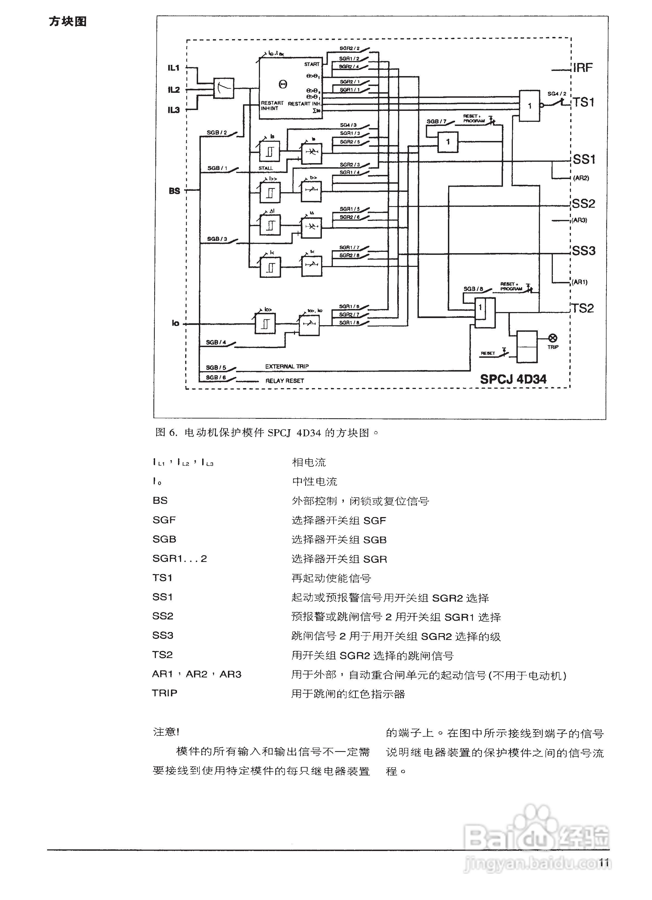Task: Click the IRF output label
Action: click(582, 68)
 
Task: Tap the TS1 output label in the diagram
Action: click(583, 102)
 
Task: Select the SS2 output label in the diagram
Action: click(583, 204)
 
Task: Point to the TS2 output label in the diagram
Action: click(582, 308)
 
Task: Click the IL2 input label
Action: click(173, 90)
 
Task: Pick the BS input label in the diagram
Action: click(174, 191)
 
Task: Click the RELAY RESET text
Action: click(285, 380)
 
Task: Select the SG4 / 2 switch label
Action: click(557, 94)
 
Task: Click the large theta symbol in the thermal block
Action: click(283, 84)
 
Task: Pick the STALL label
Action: click(266, 168)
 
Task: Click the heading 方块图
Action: click(67, 21)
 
